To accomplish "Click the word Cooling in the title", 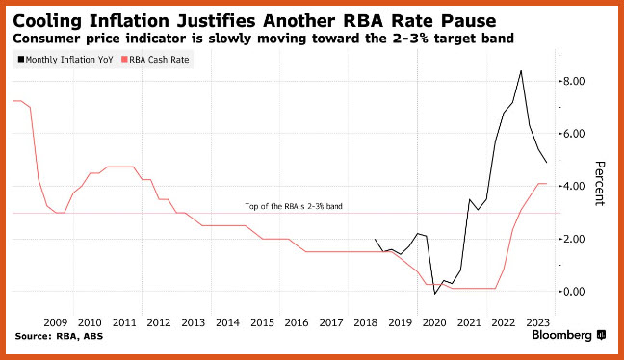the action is click(x=47, y=21).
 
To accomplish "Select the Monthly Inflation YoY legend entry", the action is click(x=65, y=60).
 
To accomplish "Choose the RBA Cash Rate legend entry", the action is click(x=155, y=60).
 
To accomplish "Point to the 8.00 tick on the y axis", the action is click(x=574, y=81).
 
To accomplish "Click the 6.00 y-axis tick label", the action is click(x=574, y=134).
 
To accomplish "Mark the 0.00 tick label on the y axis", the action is click(x=574, y=292).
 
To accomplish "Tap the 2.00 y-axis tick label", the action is click(x=574, y=239).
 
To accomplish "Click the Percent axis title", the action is click(x=600, y=184).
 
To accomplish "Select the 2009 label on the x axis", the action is click(x=55, y=322).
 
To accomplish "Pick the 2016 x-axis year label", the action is click(x=297, y=322).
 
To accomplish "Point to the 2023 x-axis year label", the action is click(x=538, y=322).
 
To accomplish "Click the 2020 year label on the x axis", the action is click(x=434, y=322).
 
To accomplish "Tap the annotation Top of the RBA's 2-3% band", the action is click(x=294, y=206).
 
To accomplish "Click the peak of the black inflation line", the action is click(x=521, y=71).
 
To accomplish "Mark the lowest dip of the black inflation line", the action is click(x=435, y=294).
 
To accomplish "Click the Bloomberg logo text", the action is click(x=561, y=335).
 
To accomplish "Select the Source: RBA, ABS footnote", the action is click(x=59, y=336).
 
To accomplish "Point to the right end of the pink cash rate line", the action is click(x=546, y=184).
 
